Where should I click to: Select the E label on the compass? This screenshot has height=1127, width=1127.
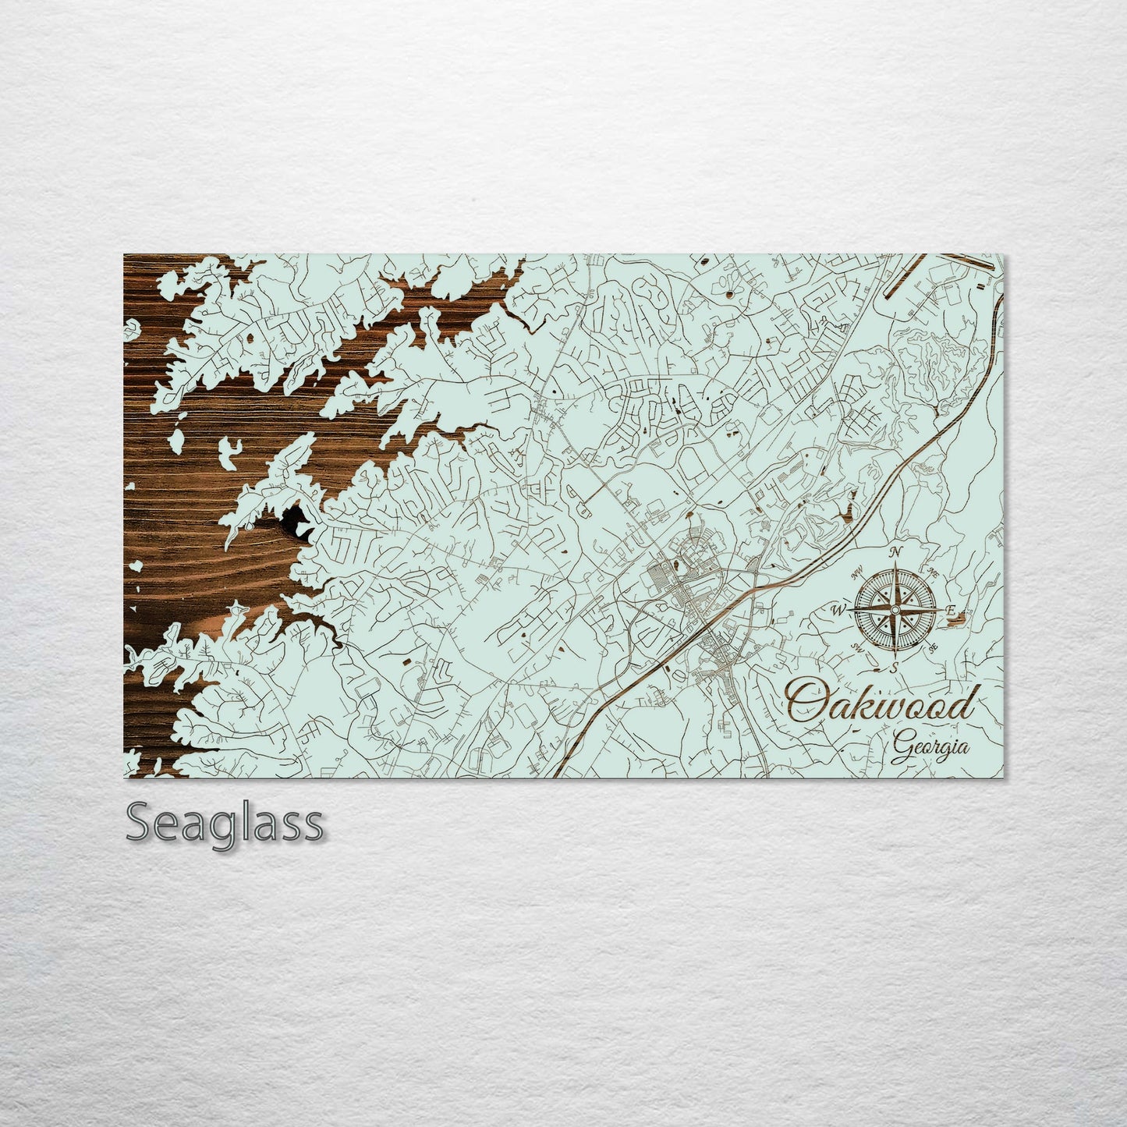(x=950, y=609)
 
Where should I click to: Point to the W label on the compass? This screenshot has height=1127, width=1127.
(x=841, y=609)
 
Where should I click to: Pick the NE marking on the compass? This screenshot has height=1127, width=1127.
(x=933, y=573)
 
